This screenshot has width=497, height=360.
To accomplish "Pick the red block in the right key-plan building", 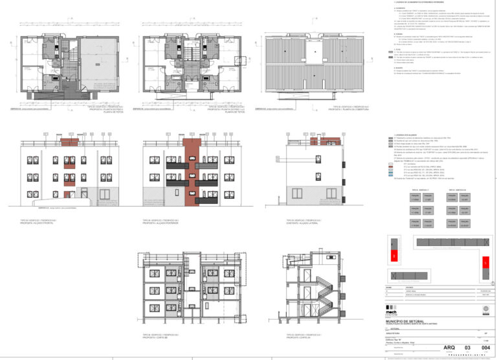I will [483, 264].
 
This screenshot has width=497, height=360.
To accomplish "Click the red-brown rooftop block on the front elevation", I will [69, 142].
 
